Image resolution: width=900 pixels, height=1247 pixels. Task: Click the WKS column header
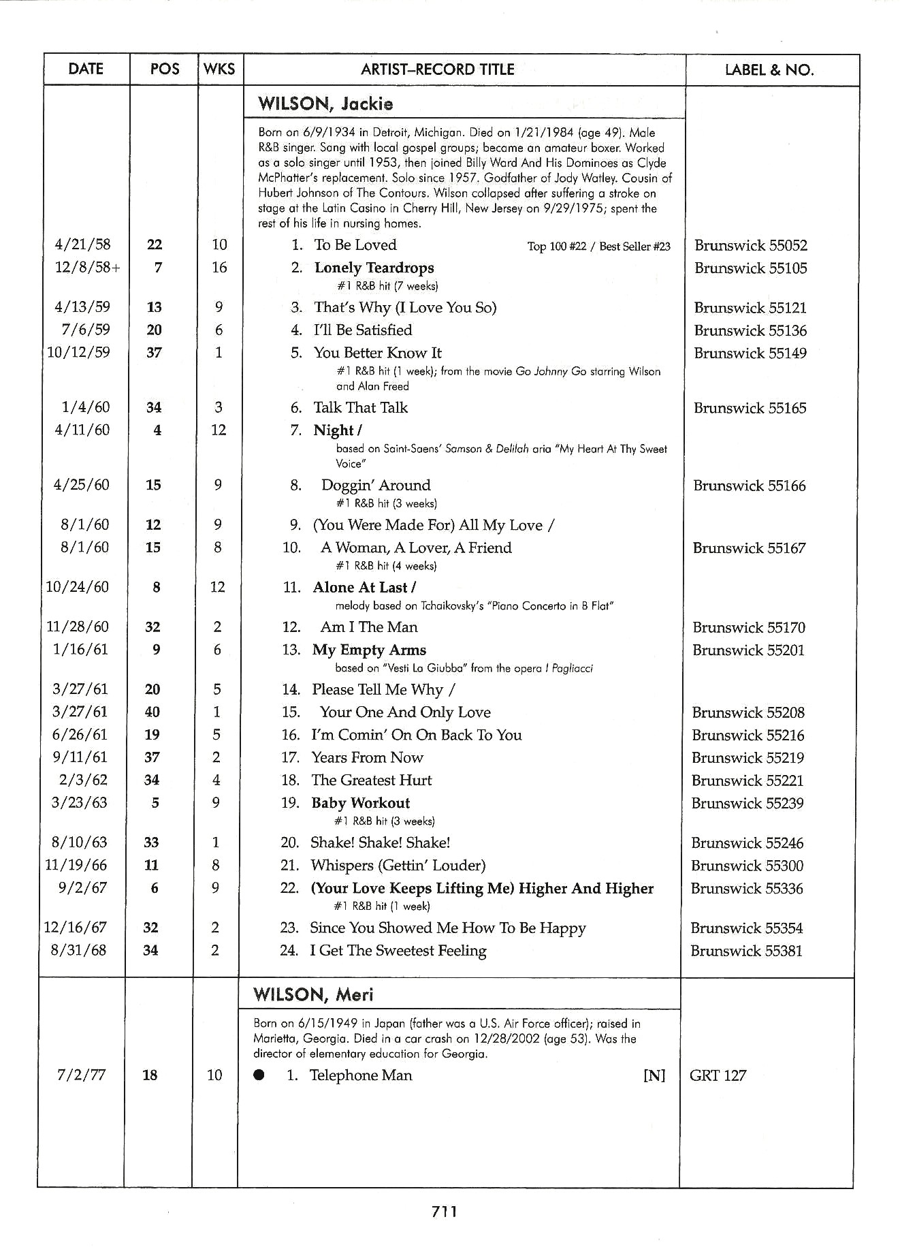tap(219, 69)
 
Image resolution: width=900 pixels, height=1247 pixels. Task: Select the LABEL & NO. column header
tap(769, 69)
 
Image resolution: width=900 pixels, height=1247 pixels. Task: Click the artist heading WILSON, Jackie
tap(325, 104)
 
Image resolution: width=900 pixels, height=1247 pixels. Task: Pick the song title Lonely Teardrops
tap(374, 268)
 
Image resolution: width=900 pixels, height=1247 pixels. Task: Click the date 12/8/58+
tap(87, 268)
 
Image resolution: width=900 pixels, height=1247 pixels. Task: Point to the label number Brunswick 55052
tap(750, 245)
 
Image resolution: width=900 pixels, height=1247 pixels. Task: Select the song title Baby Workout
tap(360, 803)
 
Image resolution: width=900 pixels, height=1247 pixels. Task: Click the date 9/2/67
tap(79, 888)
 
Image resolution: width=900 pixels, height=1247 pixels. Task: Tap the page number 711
tap(444, 1211)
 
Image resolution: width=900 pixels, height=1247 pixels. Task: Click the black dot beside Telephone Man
tap(259, 1075)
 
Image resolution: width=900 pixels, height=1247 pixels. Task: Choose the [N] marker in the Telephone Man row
tap(654, 1075)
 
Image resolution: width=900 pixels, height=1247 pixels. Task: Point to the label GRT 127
tap(718, 1075)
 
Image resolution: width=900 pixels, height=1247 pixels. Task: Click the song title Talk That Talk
tap(360, 407)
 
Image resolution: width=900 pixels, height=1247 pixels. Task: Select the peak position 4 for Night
tap(157, 430)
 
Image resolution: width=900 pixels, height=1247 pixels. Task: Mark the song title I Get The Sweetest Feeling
tap(398, 951)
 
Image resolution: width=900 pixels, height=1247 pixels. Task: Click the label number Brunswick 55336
tap(747, 888)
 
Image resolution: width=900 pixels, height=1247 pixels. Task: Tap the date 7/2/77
tap(79, 1075)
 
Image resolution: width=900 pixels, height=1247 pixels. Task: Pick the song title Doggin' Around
tap(376, 485)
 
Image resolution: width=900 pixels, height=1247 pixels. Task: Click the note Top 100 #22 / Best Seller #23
tap(598, 246)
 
